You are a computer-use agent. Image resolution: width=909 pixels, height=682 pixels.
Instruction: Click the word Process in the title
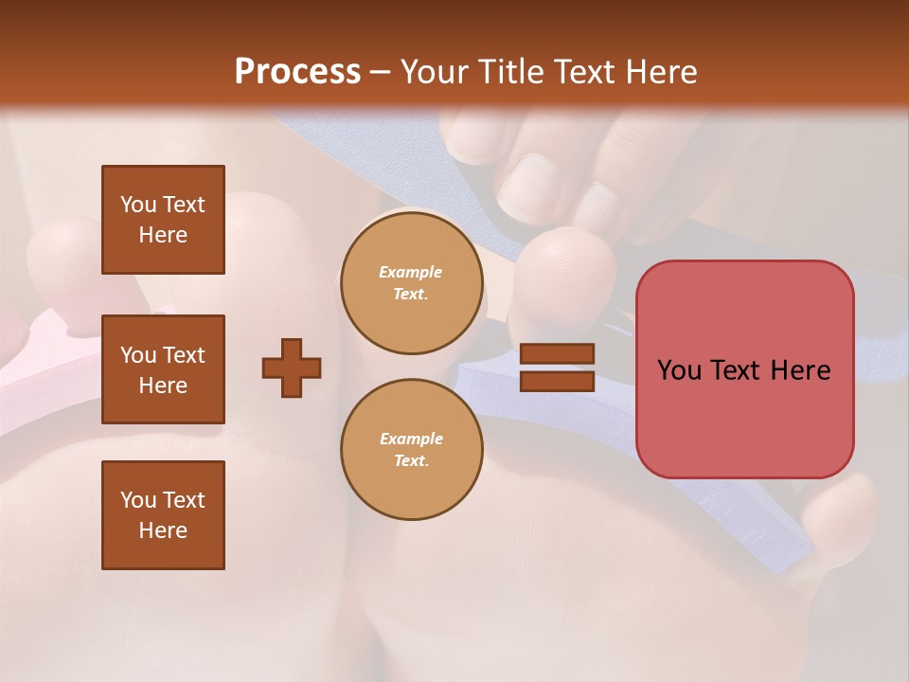[297, 72]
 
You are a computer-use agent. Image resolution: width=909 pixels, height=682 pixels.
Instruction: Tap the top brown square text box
[163, 220]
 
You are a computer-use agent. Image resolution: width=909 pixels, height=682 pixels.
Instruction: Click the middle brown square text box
[163, 369]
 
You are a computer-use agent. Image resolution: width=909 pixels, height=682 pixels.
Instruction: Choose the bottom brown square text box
[163, 515]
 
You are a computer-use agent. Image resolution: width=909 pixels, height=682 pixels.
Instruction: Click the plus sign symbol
[292, 368]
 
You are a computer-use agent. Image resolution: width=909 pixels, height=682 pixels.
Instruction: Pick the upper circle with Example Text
[411, 283]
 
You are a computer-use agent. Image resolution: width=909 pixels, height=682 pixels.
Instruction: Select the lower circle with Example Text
[411, 450]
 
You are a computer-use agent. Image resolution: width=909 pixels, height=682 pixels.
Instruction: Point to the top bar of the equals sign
[557, 353]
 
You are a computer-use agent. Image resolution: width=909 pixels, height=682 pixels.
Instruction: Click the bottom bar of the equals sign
[557, 381]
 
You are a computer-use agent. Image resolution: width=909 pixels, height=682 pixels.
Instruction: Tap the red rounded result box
[744, 369]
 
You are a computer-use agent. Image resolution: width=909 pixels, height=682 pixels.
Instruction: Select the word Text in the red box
[741, 370]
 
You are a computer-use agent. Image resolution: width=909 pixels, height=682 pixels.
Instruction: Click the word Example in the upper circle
[411, 272]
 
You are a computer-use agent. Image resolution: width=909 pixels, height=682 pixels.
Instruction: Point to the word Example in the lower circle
[411, 439]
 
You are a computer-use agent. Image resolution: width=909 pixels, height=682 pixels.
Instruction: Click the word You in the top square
[138, 205]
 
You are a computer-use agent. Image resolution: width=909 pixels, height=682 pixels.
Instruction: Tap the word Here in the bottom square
[163, 530]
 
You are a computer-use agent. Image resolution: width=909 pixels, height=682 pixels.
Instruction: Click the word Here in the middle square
[163, 386]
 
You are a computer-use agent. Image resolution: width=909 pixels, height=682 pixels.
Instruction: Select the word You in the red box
[680, 370]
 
